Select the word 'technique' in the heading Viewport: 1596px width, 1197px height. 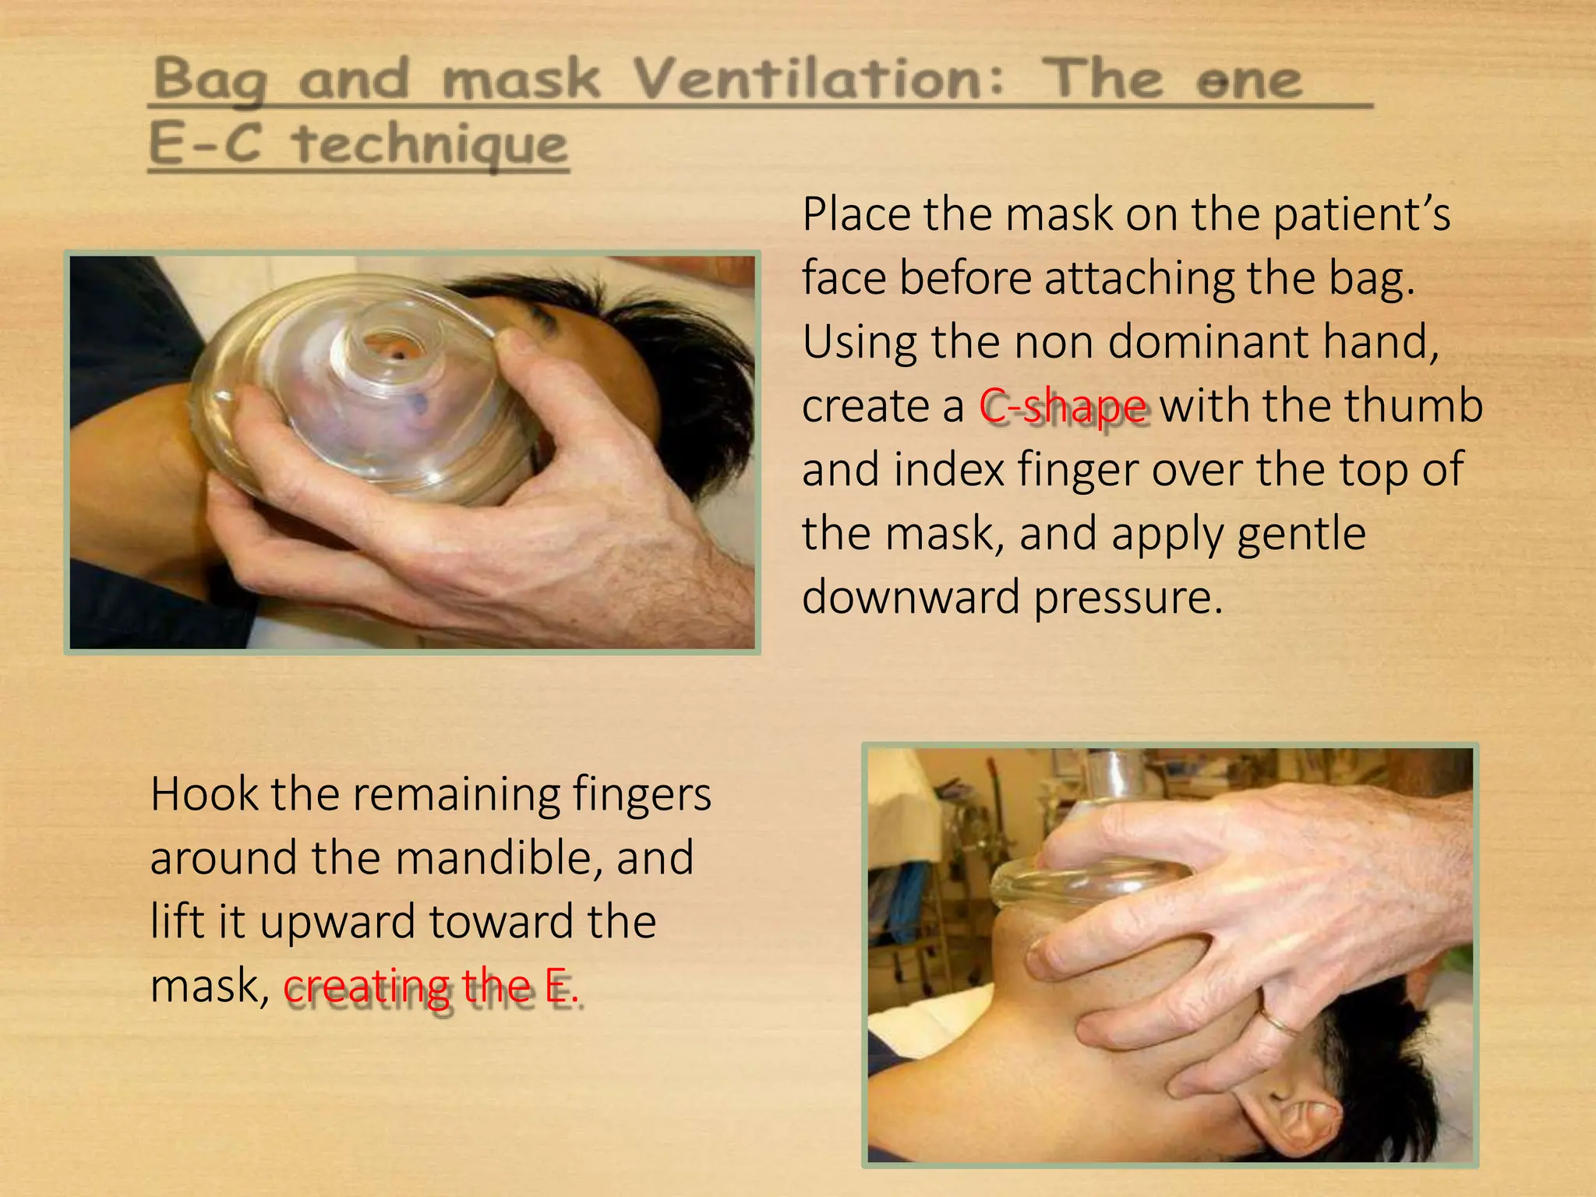point(429,146)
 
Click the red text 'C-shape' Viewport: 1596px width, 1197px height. point(1063,407)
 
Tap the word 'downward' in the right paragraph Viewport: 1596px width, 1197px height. point(911,598)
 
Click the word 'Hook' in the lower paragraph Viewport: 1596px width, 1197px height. point(204,795)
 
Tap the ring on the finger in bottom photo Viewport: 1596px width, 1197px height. point(1278,1022)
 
